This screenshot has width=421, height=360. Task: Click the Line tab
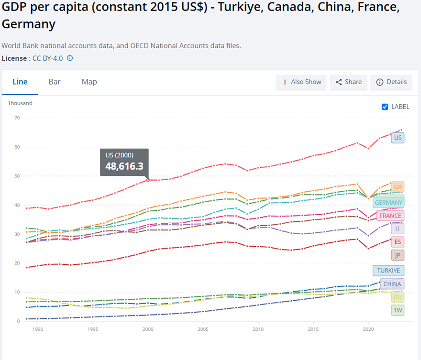[20, 82]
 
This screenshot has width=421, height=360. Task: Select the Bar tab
[55, 82]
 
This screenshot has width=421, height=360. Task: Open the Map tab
[89, 82]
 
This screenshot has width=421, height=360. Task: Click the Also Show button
[301, 82]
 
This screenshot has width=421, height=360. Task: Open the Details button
[391, 82]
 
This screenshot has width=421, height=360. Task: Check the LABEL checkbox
[385, 107]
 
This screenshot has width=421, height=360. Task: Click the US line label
[398, 138]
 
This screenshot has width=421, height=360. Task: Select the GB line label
[398, 186]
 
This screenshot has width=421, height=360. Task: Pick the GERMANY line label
[388, 202]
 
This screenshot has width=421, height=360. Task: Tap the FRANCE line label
[390, 216]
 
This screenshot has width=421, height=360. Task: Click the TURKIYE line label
[388, 271]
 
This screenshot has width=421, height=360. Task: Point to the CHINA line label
[392, 284]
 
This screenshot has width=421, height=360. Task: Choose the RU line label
[398, 297]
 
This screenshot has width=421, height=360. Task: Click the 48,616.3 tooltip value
[124, 166]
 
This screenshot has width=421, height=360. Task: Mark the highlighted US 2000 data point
[148, 180]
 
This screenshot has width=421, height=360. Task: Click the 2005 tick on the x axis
[203, 329]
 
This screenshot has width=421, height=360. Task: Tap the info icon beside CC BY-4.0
[70, 58]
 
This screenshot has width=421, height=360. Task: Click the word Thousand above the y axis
[20, 103]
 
